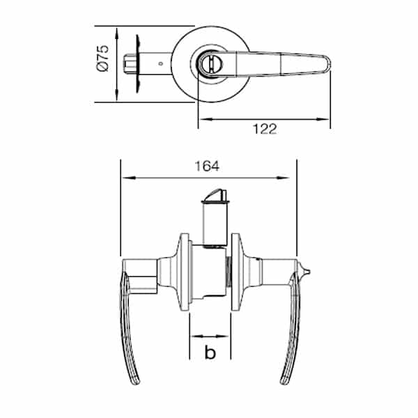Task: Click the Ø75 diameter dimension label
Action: (103, 59)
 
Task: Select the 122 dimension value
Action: (265, 129)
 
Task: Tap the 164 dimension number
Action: (207, 166)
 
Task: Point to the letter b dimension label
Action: (210, 352)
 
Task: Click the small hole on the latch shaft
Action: (160, 63)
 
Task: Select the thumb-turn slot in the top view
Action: (211, 65)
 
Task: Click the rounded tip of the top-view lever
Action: (328, 64)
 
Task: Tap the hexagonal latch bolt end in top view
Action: (130, 63)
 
